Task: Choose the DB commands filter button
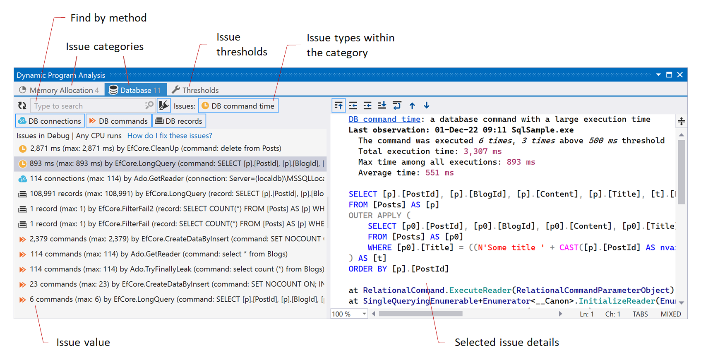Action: (119, 121)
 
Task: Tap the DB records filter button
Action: (179, 121)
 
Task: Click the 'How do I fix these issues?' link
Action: (170, 136)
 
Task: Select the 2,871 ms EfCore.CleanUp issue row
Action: (155, 149)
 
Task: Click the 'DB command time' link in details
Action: (384, 119)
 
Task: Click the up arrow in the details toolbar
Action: (412, 106)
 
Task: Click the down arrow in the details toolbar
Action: (427, 106)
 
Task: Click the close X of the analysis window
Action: (680, 75)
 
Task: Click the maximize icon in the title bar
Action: (669, 75)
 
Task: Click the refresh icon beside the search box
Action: (22, 106)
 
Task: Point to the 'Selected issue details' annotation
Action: (507, 343)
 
